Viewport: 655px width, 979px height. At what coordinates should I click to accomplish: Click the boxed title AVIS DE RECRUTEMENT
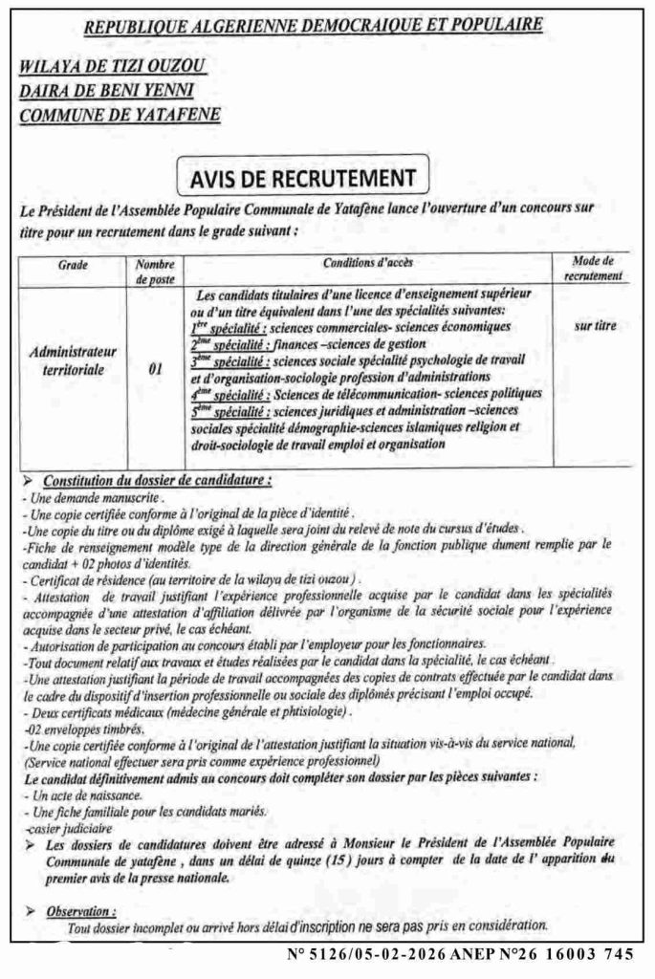pyautogui.click(x=288, y=179)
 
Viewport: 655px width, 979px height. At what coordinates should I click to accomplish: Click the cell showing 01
pyautogui.click(x=155, y=364)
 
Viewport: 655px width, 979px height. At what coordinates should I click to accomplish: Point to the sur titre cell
pyautogui.click(x=595, y=326)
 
